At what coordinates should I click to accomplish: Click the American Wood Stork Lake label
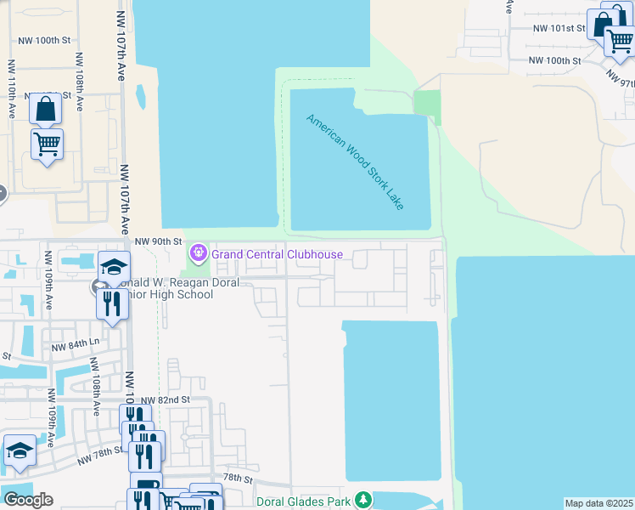pyautogui.click(x=357, y=161)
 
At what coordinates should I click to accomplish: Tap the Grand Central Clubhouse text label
pyautogui.click(x=277, y=254)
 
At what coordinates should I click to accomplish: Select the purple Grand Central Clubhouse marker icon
pyautogui.click(x=199, y=252)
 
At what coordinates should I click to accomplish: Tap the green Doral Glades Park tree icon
pyautogui.click(x=363, y=499)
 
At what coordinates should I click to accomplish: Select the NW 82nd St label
pyautogui.click(x=163, y=400)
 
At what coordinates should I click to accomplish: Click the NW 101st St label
pyautogui.click(x=559, y=28)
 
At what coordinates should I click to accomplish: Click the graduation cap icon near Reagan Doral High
pyautogui.click(x=114, y=267)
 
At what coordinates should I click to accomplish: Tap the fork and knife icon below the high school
pyautogui.click(x=112, y=304)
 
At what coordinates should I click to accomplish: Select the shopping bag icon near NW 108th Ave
pyautogui.click(x=45, y=109)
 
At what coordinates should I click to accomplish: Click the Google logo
pyautogui.click(x=28, y=500)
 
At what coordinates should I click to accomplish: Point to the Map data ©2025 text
pyautogui.click(x=598, y=503)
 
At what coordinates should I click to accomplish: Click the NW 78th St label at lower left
pyautogui.click(x=99, y=456)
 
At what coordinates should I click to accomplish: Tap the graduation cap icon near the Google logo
pyautogui.click(x=20, y=450)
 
